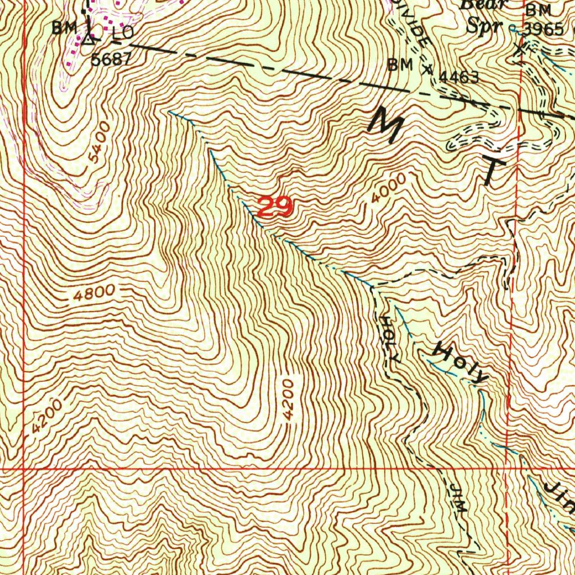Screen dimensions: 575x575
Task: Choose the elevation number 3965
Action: coord(543,29)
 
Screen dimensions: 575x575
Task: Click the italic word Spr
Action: coord(488,26)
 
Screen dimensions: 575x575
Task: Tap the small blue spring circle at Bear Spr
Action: coord(512,27)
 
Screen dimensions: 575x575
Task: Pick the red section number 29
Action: coord(275,208)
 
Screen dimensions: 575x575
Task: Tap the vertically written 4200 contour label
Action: coord(288,400)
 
